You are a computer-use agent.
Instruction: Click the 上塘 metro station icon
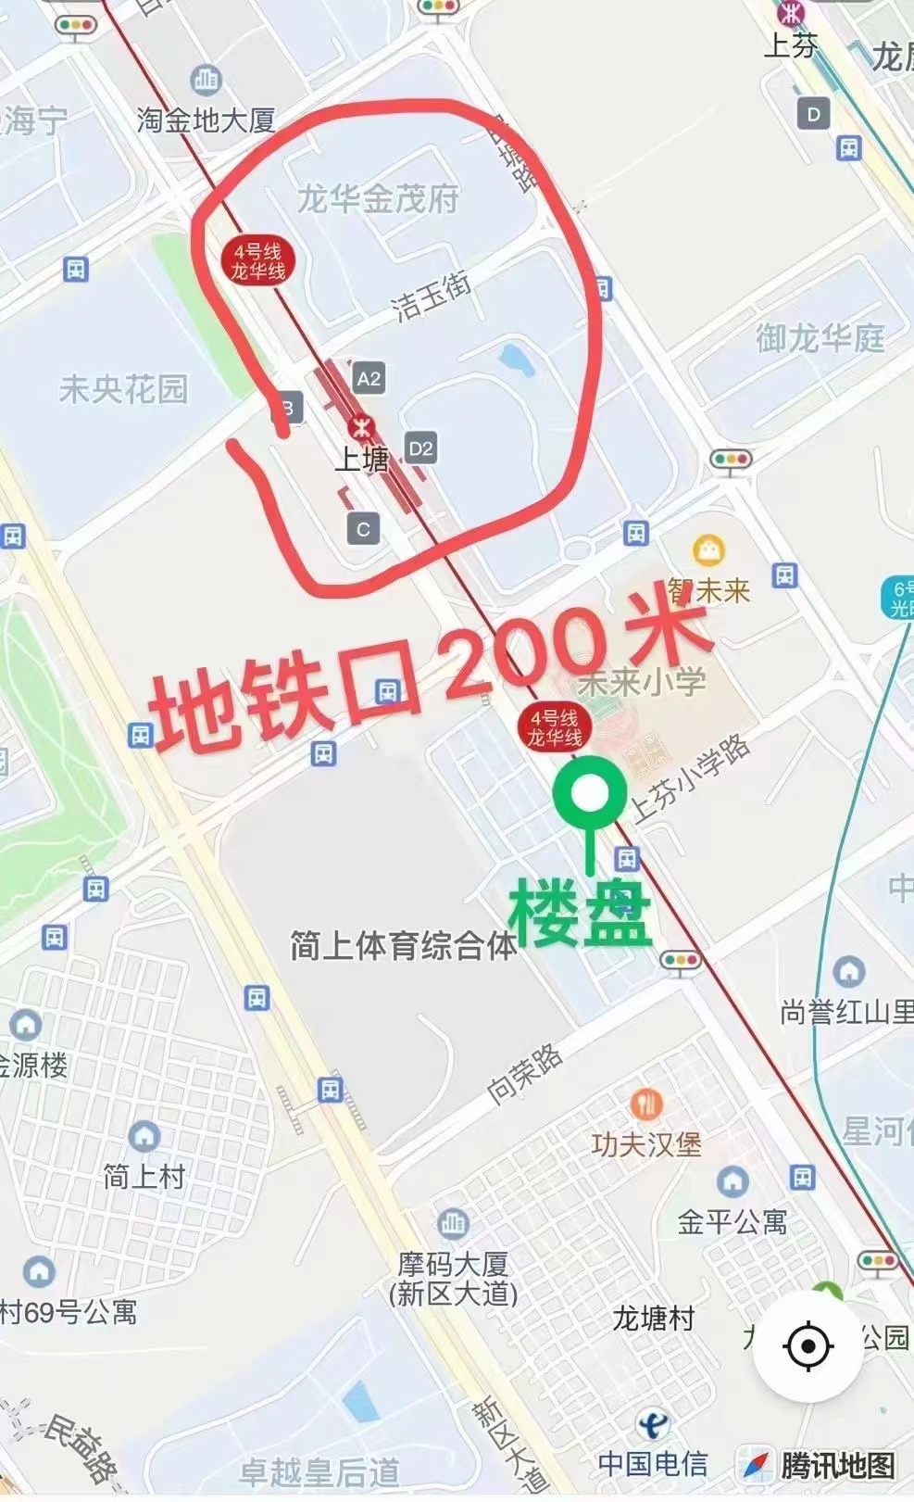point(360,428)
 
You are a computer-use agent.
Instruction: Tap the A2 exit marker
point(369,378)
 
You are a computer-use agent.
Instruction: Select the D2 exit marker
point(420,449)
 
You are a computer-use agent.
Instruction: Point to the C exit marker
point(363,529)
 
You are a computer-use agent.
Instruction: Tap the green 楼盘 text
point(580,913)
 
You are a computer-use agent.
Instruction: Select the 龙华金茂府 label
point(378,198)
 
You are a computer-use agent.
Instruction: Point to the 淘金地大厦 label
point(206,120)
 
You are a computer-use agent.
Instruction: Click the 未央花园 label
point(123,389)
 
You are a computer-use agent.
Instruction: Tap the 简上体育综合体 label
point(403,946)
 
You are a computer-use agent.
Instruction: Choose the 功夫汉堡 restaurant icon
point(646,1104)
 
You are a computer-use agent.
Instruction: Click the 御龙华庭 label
point(820,338)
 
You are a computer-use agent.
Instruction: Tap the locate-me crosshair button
point(808,1346)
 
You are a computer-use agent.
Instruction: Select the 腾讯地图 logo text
point(837,1465)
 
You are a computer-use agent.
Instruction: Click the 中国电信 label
point(653,1463)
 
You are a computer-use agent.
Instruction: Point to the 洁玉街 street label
point(432,296)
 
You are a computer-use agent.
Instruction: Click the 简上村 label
point(144,1177)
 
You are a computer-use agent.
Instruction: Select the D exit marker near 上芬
point(813,115)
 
